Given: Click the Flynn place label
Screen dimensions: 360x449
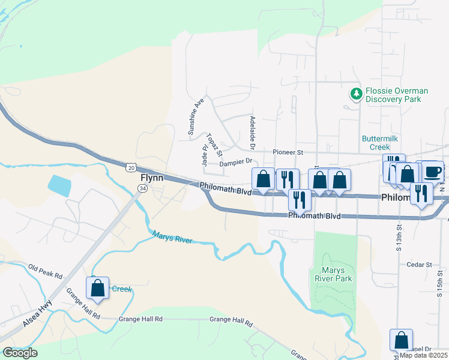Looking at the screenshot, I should pos(152,178).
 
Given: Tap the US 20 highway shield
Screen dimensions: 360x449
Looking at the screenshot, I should pos(131,167).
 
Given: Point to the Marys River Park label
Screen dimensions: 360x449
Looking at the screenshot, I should pos(333,274).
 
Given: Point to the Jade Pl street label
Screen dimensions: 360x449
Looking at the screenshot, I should pos(204,154).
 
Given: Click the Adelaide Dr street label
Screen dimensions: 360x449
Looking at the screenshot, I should pos(253,133).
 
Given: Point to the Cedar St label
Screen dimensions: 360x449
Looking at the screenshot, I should pos(419,265).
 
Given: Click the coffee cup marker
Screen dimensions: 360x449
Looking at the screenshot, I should pos(433,172).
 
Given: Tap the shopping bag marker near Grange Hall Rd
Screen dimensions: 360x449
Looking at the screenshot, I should pos(98,289).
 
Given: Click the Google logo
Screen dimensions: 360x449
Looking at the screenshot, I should pos(20,353).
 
